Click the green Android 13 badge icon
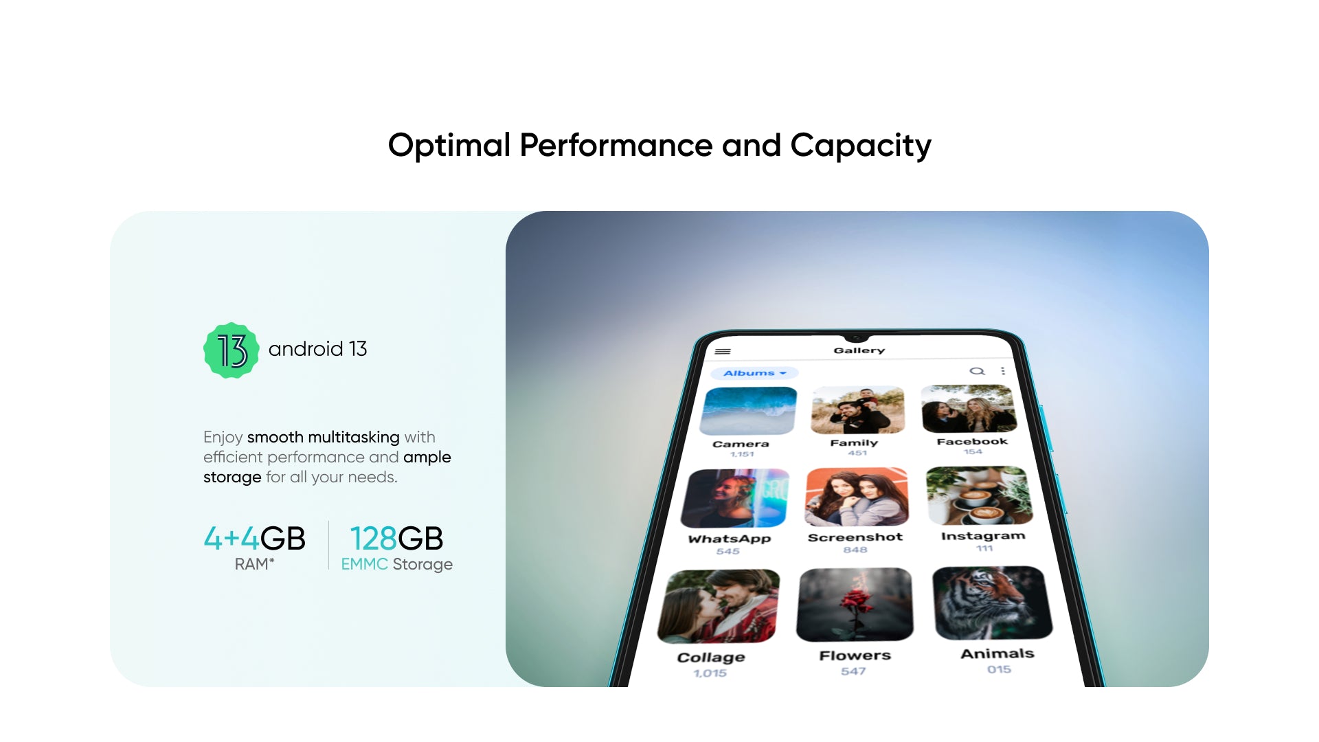[x=232, y=350]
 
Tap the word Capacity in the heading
[x=861, y=146]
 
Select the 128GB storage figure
[x=396, y=539]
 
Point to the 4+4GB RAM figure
[x=254, y=539]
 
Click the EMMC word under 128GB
[x=364, y=565]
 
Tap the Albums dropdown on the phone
[x=754, y=373]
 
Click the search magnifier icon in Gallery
[x=977, y=371]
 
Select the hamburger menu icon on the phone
[x=723, y=351]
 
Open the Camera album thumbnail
[x=748, y=411]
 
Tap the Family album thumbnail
[x=858, y=410]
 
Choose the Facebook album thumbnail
[x=969, y=409]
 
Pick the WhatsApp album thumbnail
[x=735, y=499]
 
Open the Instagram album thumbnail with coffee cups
[x=979, y=495]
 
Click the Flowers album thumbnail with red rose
[x=855, y=605]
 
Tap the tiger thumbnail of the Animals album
[x=992, y=603]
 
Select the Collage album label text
[x=711, y=657]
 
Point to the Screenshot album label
[x=855, y=537]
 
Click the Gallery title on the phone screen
[x=859, y=350]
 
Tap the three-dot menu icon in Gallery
[x=1003, y=371]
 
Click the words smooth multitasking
[x=323, y=438]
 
